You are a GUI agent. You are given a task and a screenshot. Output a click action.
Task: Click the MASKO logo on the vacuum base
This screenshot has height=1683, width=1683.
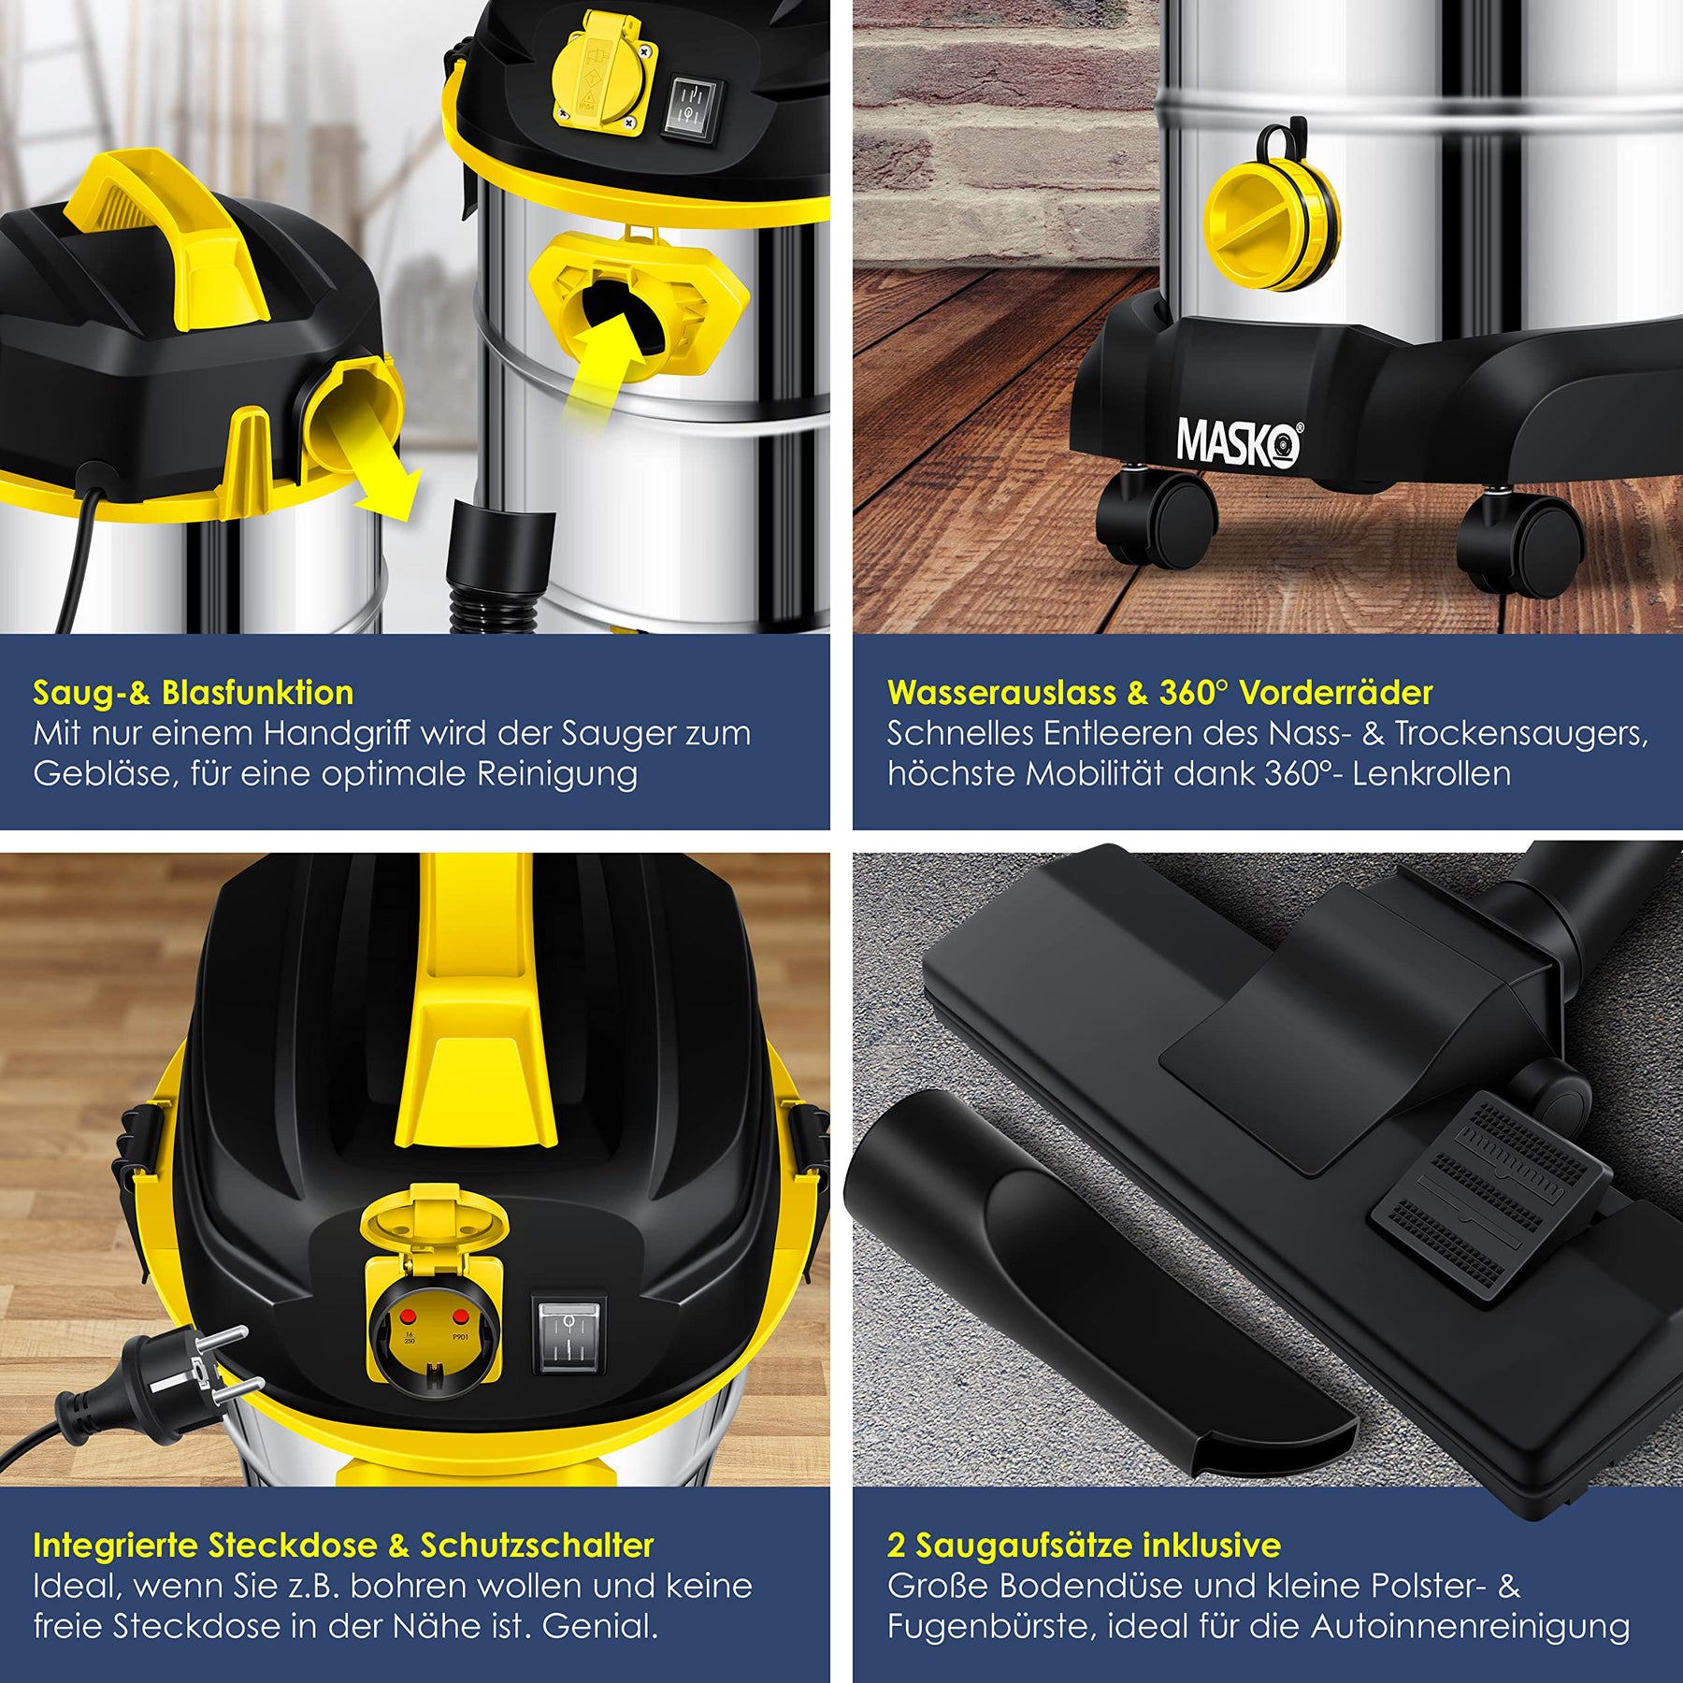pyautogui.click(x=1239, y=441)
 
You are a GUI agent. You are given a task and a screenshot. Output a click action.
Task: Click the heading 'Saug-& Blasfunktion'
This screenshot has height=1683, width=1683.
pyautogui.click(x=194, y=693)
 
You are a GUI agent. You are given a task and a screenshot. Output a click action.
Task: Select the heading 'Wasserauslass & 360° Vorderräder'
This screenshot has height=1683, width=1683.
pyautogui.click(x=1159, y=693)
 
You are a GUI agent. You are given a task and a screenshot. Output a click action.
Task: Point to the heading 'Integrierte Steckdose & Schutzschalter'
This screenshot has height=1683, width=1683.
pyautogui.click(x=343, y=1546)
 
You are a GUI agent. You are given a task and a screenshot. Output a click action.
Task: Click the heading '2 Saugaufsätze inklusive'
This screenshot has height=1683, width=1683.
pyautogui.click(x=1084, y=1546)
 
